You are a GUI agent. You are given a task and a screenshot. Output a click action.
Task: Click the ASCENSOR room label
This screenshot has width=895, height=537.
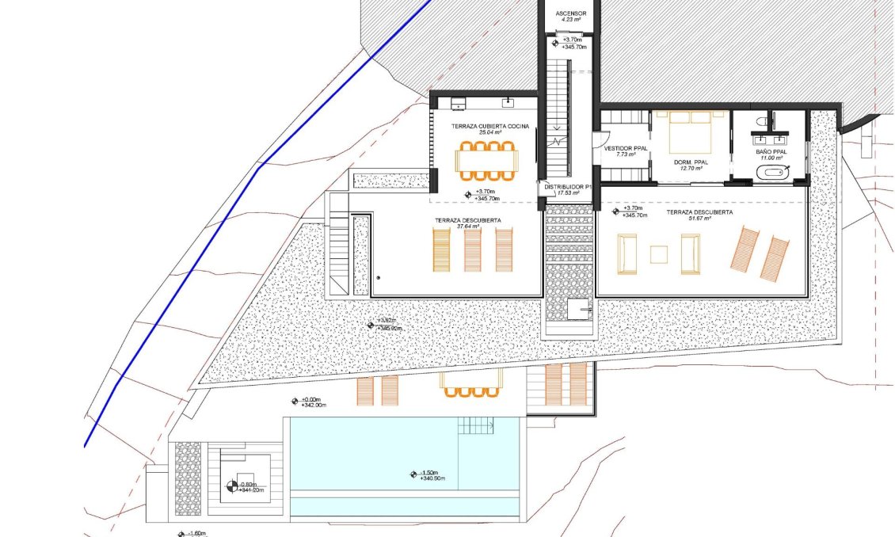click(x=570, y=13)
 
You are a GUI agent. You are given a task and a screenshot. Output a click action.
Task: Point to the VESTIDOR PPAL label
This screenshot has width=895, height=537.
click(x=626, y=148)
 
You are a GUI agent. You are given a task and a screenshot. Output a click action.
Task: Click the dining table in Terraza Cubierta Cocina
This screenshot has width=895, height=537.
click(x=487, y=162)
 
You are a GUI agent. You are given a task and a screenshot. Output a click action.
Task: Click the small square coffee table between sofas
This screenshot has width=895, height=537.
click(x=659, y=254)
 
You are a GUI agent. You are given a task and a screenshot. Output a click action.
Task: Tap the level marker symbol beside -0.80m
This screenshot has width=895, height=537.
click(x=230, y=486)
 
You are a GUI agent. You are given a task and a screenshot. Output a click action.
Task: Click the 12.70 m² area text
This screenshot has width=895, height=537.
click(x=691, y=168)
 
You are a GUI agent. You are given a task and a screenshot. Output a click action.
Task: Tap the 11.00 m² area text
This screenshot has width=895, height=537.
click(x=771, y=158)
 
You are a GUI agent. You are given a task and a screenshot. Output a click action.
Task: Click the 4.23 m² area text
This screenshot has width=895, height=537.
click(x=570, y=21)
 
